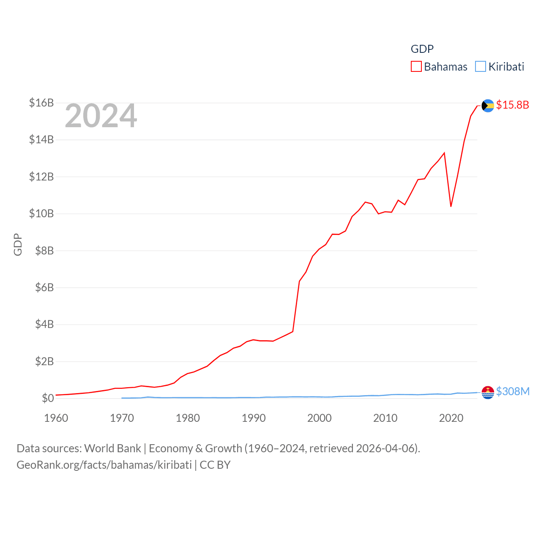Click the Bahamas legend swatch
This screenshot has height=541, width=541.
[416, 67]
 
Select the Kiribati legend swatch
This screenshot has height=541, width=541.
[481, 67]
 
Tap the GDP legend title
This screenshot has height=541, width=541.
[422, 49]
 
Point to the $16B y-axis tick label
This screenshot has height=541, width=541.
[41, 103]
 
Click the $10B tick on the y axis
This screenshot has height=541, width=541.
[41, 213]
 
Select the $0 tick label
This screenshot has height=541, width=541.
[48, 398]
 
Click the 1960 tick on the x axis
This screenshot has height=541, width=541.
[56, 418]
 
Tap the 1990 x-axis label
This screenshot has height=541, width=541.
[254, 418]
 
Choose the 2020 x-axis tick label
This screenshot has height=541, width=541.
[451, 418]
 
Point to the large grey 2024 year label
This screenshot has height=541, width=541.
[101, 116]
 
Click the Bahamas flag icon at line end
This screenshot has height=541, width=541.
[488, 106]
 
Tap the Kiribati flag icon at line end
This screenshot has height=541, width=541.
[488, 393]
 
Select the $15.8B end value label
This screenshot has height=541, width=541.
[512, 105]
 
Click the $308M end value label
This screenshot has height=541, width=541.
[513, 391]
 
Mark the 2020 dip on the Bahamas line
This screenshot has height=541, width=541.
[451, 206]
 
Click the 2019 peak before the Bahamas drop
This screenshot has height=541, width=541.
[444, 153]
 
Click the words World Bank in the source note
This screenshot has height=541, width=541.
[112, 448]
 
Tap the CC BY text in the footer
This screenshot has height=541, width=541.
[215, 465]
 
